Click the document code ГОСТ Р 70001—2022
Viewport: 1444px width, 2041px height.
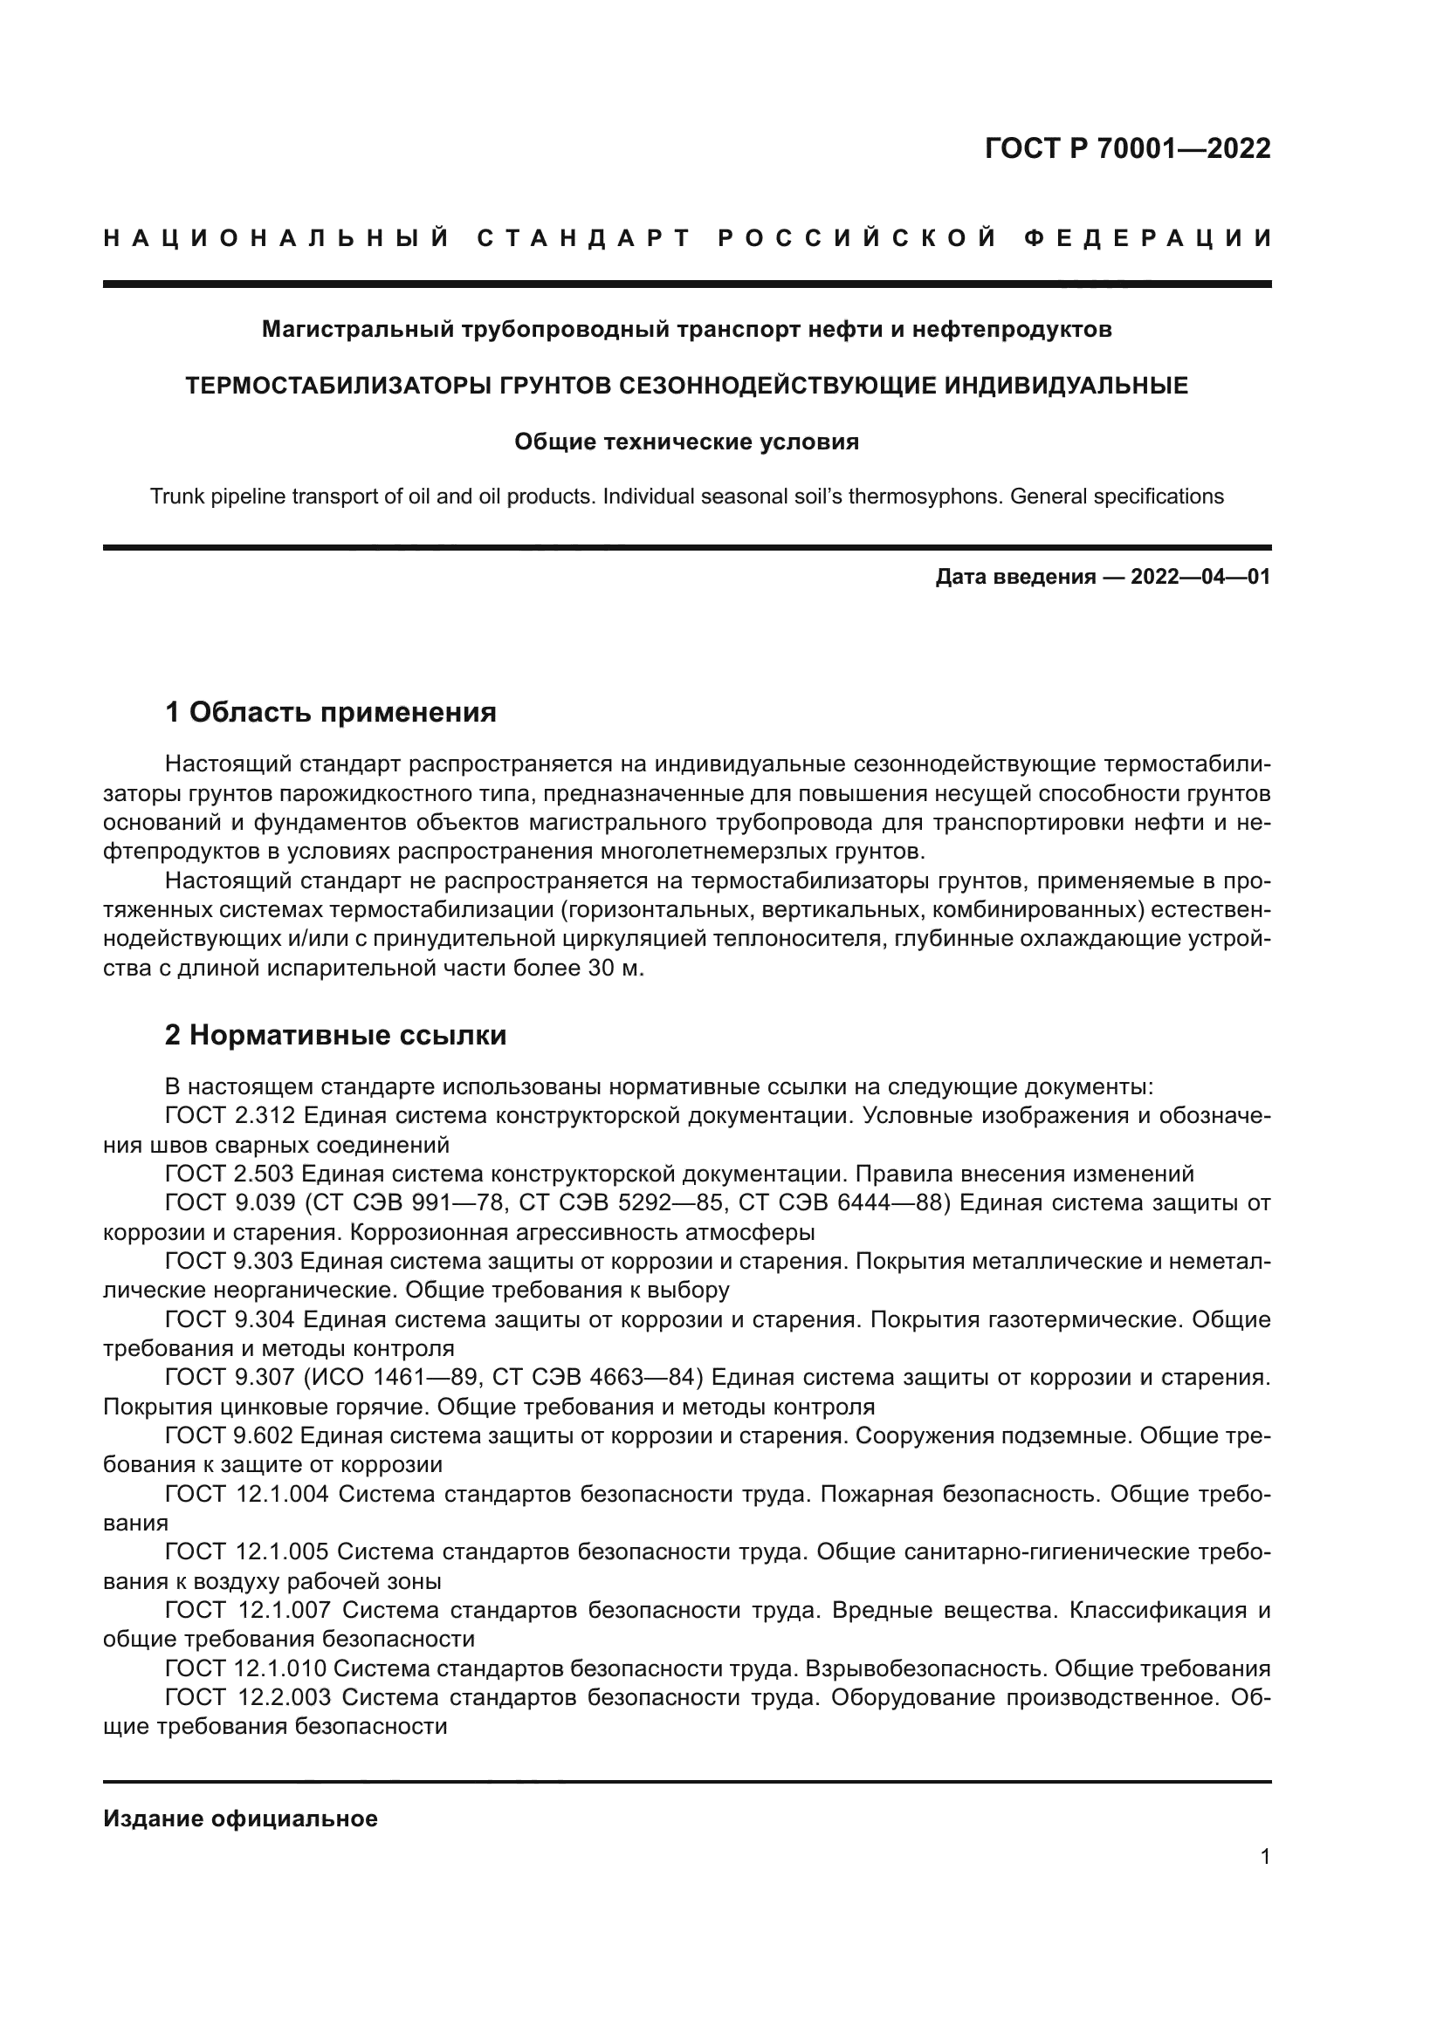(x=1127, y=148)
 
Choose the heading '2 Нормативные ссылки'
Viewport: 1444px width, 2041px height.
(x=336, y=1035)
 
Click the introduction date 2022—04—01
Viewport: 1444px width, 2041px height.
(x=1200, y=577)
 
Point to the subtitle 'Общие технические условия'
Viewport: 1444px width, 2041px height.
(x=686, y=442)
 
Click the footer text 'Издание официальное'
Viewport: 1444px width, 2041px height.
(x=240, y=1818)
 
